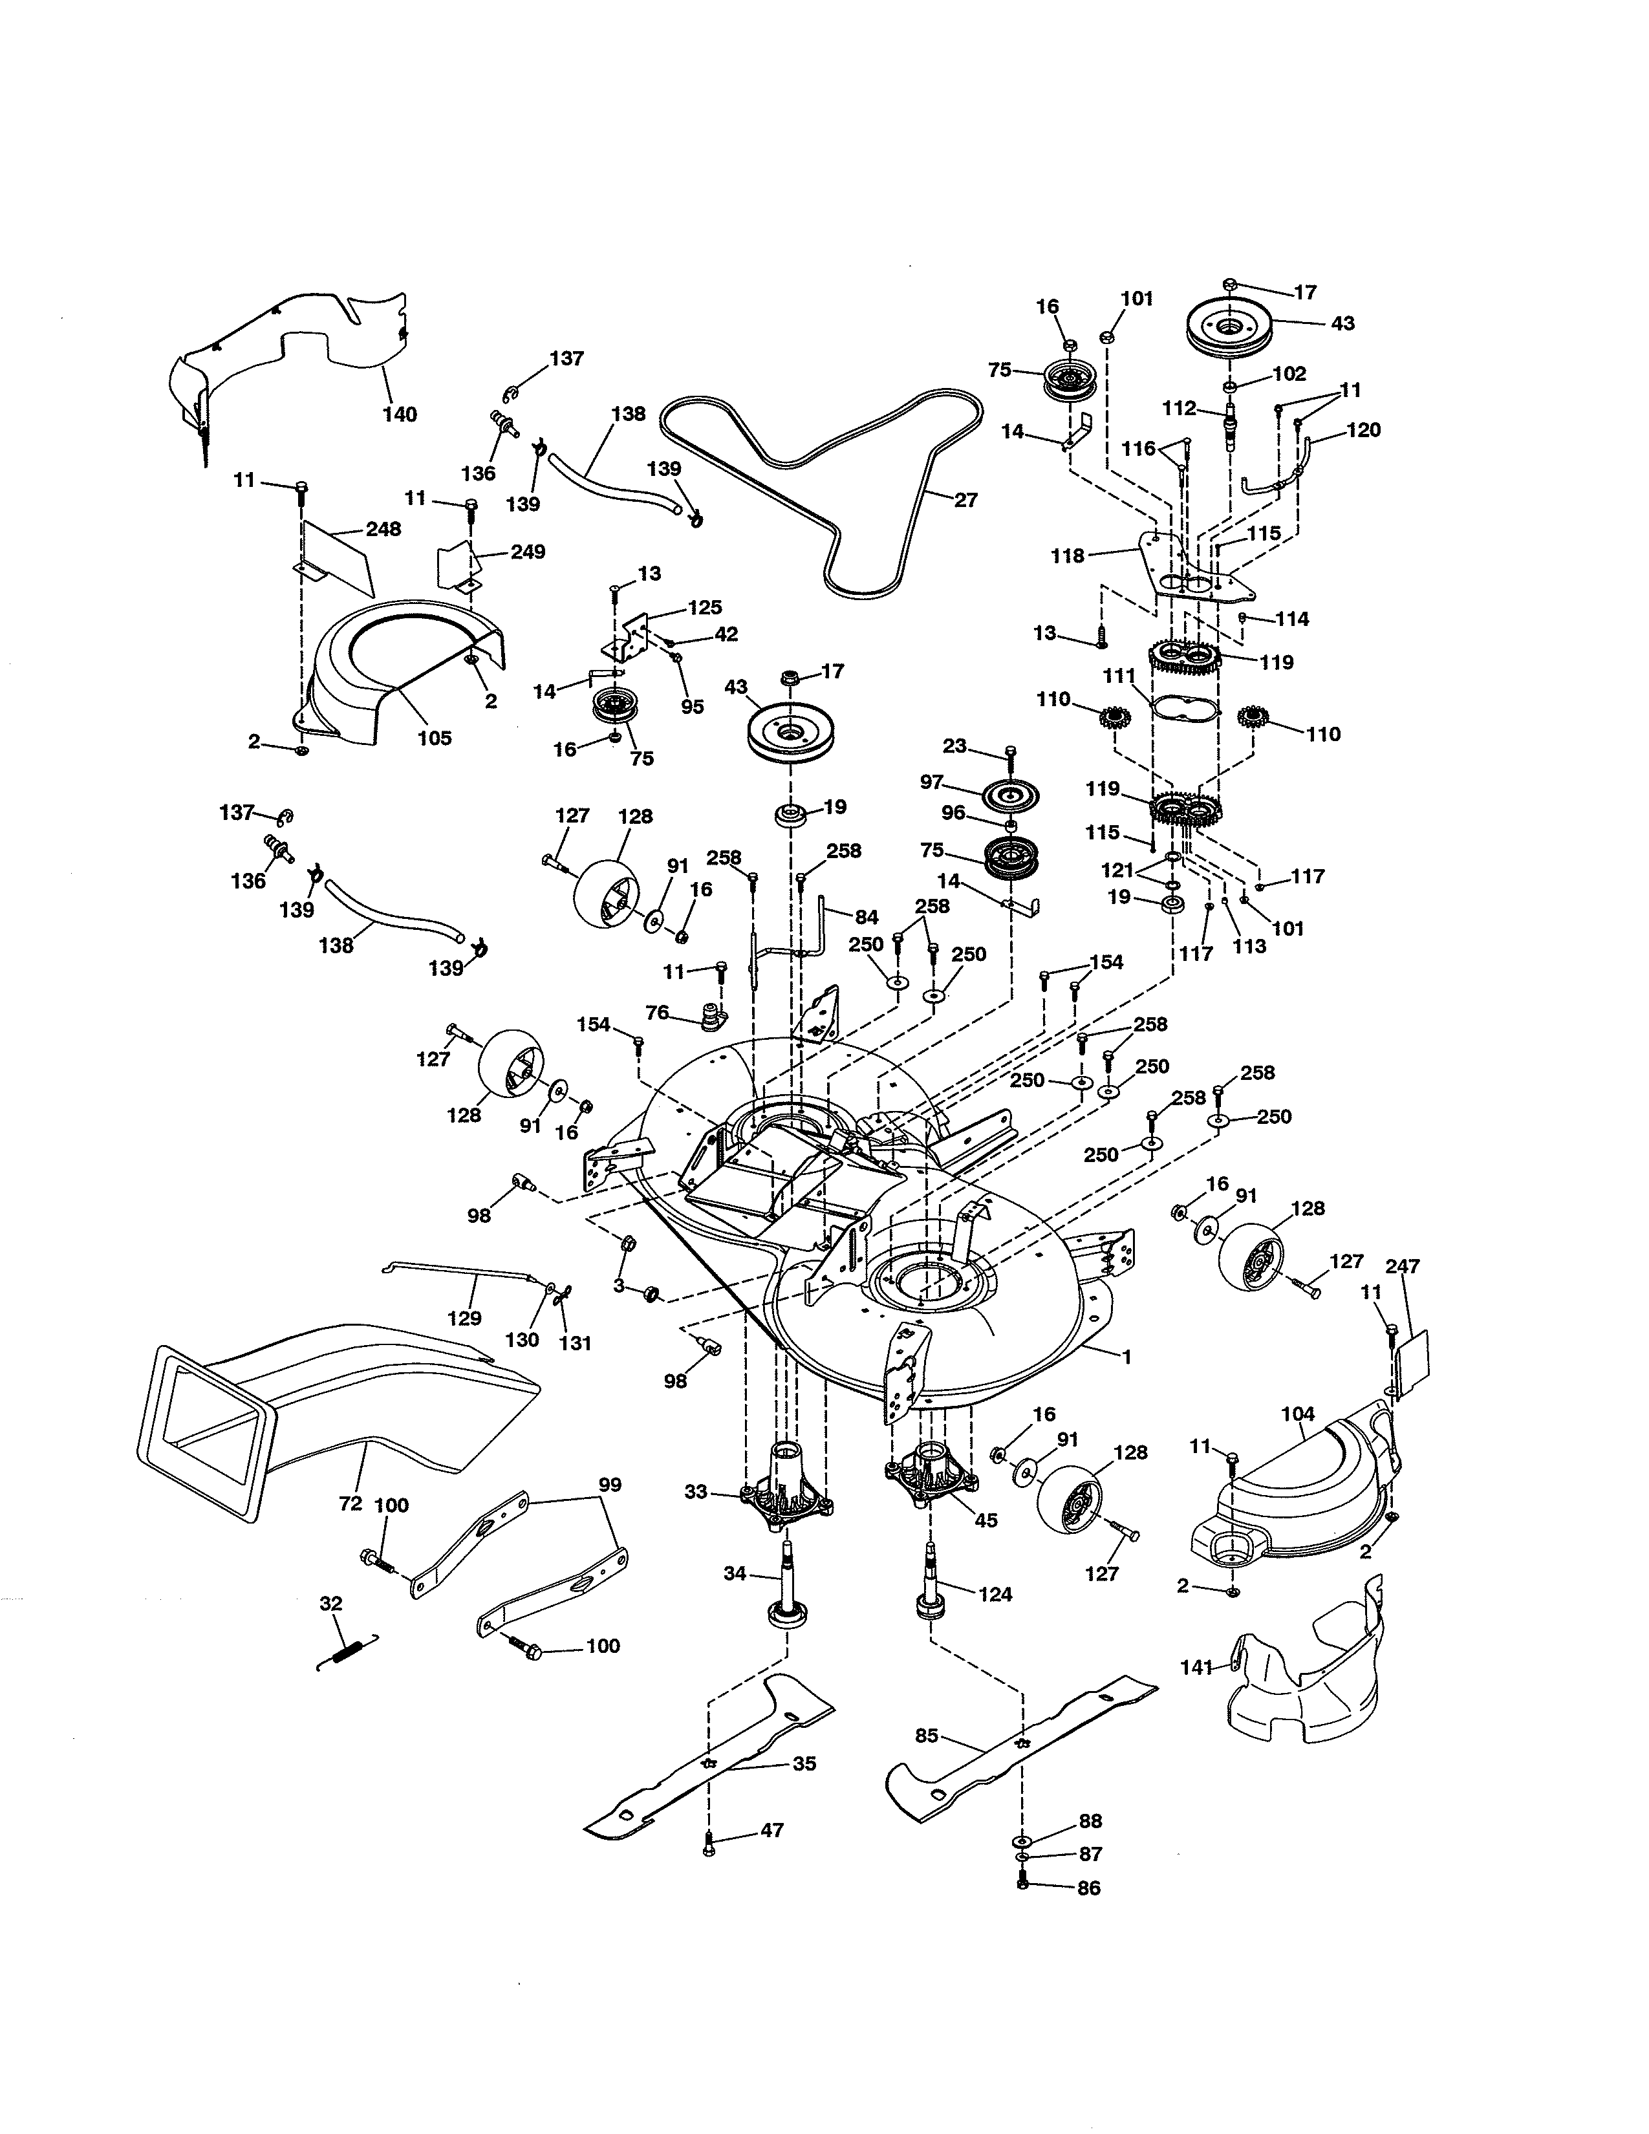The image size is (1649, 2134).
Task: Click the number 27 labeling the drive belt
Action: click(965, 501)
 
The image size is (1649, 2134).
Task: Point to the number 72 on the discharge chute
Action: click(350, 1503)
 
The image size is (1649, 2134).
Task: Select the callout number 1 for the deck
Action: click(1126, 1357)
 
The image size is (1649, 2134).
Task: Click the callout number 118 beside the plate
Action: click(1068, 556)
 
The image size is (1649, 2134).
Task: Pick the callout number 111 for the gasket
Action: click(1119, 676)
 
